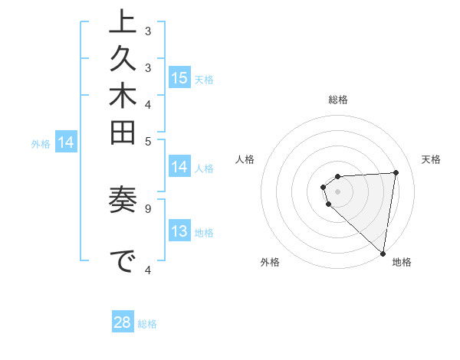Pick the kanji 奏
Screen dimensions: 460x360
pos(123,204)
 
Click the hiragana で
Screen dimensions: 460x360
pos(123,262)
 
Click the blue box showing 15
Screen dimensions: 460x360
pos(179,78)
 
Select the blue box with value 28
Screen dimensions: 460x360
pos(123,322)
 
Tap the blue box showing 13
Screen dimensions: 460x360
pos(179,231)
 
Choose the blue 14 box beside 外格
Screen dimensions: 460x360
pos(66,142)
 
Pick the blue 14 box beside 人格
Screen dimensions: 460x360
pos(179,168)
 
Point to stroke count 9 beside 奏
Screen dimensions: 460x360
pos(148,207)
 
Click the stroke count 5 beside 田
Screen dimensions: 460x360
pos(148,141)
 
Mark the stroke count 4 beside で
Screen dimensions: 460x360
pos(148,268)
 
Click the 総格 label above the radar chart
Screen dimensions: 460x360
pos(338,100)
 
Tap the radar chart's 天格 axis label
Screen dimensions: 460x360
pos(431,159)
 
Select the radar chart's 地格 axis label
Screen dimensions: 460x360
pos(402,262)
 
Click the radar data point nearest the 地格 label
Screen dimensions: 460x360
pos(383,253)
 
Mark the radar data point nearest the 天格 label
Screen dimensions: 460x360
pos(396,172)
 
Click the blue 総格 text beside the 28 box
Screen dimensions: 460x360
pos(147,324)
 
